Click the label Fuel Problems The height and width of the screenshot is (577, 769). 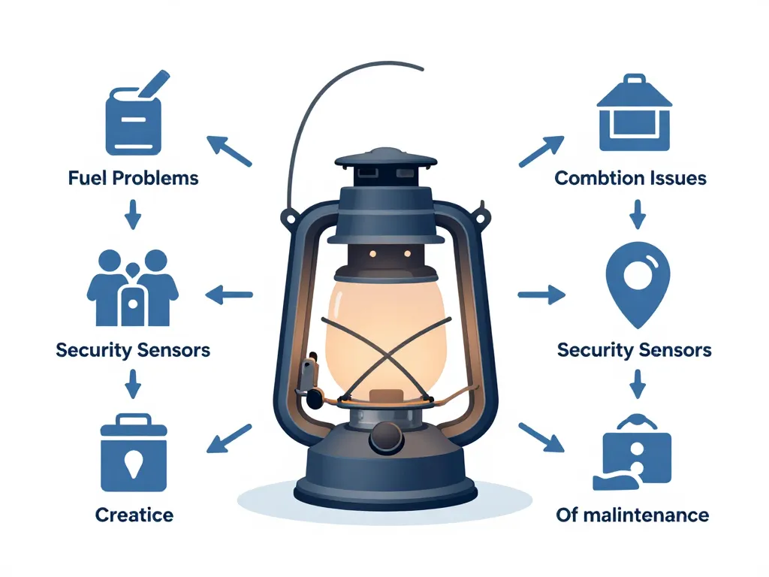tap(133, 178)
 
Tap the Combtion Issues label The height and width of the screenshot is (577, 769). tap(630, 178)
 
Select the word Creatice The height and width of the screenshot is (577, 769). tap(134, 515)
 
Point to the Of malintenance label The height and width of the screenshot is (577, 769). tap(632, 515)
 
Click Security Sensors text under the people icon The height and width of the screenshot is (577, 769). tap(133, 349)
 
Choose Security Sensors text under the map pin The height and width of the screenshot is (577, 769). tap(635, 349)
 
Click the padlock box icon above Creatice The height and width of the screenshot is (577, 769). tap(134, 455)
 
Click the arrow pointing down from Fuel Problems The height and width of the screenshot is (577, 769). tap(133, 213)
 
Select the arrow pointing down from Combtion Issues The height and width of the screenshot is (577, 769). tap(637, 213)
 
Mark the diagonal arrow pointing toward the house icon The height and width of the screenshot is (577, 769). tap(541, 151)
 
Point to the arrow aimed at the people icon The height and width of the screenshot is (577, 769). tap(229, 295)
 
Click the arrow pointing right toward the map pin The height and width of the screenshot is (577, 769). tap(541, 295)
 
